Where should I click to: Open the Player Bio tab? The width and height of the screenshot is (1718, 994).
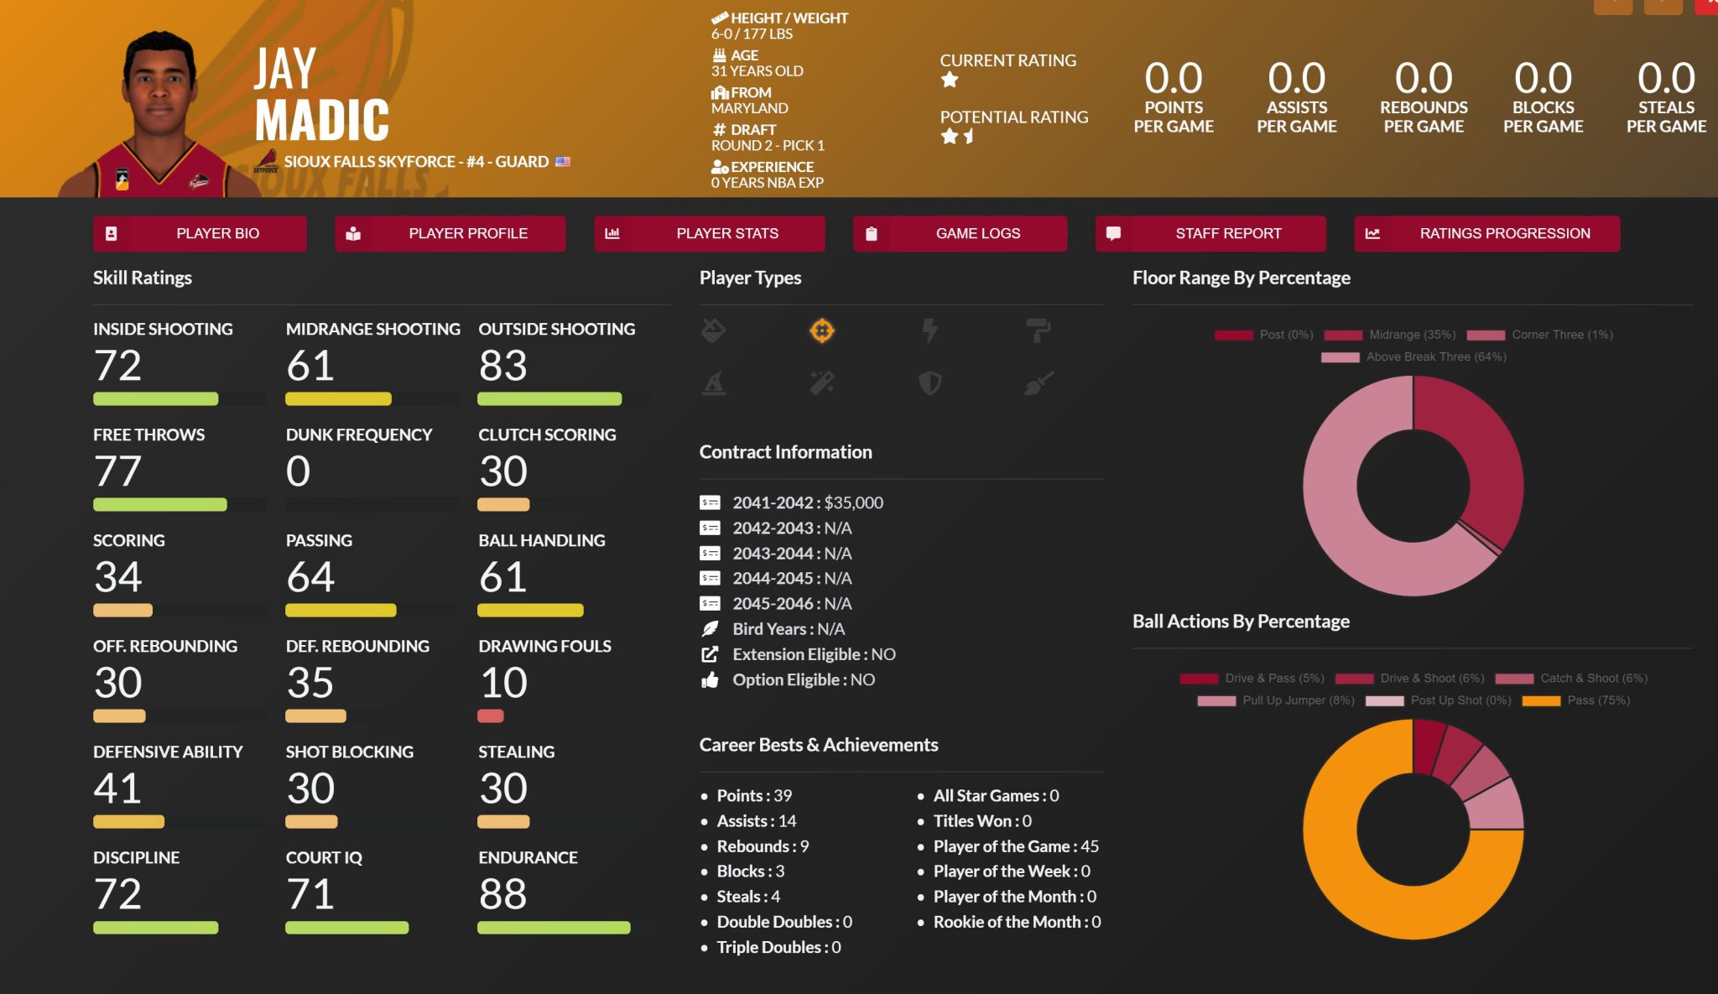[200, 233]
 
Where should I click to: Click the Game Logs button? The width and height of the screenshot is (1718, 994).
[960, 233]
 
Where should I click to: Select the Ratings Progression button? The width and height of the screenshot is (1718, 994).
[1486, 233]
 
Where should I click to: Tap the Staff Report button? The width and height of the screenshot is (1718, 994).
[1210, 233]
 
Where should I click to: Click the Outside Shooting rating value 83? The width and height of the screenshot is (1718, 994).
[502, 366]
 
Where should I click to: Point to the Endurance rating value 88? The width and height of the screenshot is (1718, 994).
[502, 894]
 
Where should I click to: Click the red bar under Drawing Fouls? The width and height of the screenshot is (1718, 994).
[491, 716]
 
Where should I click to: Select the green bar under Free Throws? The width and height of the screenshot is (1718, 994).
[159, 505]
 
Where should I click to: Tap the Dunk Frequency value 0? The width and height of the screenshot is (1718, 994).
[298, 471]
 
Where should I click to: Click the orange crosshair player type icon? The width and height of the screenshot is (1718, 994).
[821, 331]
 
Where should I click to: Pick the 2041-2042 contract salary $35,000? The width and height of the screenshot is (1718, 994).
[853, 502]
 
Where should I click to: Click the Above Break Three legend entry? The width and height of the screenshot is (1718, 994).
[1435, 356]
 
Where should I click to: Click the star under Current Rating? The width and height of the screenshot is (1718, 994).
[950, 81]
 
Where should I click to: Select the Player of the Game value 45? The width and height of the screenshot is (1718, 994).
[1090, 846]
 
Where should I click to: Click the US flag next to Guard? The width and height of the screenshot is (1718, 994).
[562, 162]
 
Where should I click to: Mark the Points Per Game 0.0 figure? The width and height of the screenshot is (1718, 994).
[1174, 79]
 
